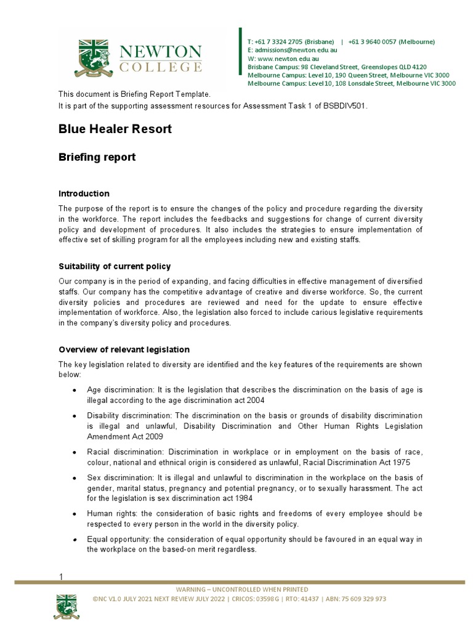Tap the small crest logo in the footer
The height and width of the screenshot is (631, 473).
(x=67, y=606)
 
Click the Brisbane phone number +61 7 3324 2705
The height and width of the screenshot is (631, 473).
(x=291, y=42)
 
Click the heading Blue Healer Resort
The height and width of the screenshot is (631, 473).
(x=115, y=129)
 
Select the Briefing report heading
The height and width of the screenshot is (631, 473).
(x=97, y=157)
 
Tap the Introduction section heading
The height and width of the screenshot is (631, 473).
(x=84, y=193)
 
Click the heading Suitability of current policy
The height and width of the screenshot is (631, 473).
(x=114, y=266)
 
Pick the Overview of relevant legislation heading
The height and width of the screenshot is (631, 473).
(x=124, y=349)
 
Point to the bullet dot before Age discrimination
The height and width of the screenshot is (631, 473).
(x=75, y=391)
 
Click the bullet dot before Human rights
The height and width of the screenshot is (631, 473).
(x=75, y=514)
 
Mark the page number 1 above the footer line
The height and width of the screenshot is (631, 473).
(x=61, y=577)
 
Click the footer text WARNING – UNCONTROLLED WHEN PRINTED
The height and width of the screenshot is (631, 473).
(x=242, y=590)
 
